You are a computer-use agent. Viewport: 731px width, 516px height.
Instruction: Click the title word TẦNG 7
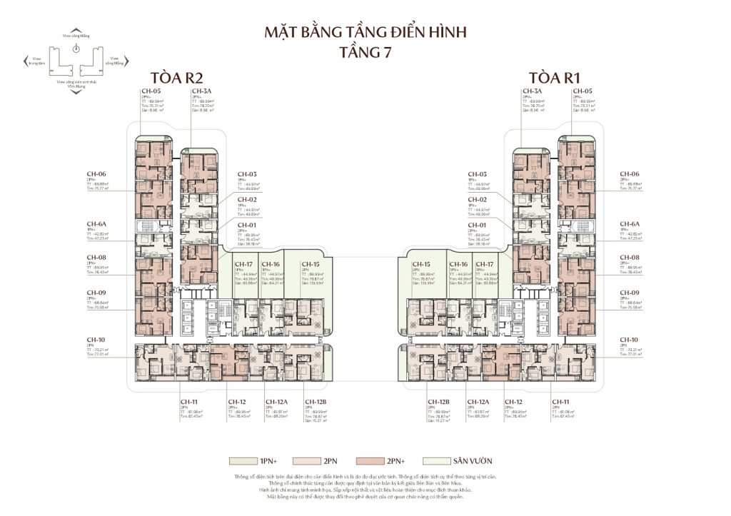[x=365, y=51]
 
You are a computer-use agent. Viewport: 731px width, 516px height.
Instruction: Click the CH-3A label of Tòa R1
[x=532, y=91]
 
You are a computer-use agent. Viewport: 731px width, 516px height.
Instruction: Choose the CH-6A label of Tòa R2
[x=96, y=223]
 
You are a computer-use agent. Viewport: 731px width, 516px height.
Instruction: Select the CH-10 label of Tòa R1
[x=629, y=340]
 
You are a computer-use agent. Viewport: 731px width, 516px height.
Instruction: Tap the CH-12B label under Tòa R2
[x=314, y=402]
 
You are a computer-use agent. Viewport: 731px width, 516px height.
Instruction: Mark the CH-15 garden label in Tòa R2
[x=310, y=263]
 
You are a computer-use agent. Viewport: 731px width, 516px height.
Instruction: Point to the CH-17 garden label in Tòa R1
[x=483, y=263]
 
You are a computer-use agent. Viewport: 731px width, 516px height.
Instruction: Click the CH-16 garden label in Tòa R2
[x=269, y=263]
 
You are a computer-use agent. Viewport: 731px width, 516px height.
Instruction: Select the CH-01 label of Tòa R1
[x=477, y=225]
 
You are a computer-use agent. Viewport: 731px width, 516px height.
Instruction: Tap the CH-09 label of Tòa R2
[x=96, y=293]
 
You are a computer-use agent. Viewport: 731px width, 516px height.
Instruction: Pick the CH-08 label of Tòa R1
[x=629, y=258]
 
